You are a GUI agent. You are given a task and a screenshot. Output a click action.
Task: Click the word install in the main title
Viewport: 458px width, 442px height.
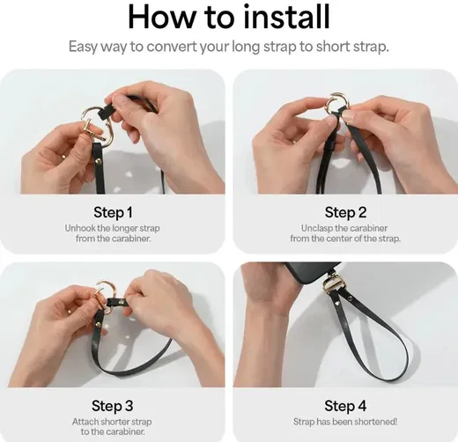tap(287, 17)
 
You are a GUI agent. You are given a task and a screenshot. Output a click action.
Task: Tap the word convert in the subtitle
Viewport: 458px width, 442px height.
tap(172, 47)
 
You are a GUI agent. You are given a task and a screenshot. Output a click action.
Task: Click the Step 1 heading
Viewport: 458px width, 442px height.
tap(113, 212)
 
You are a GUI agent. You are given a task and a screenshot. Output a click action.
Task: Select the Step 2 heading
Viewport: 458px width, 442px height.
tap(345, 212)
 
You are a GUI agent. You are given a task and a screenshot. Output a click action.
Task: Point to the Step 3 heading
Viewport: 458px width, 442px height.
tap(113, 406)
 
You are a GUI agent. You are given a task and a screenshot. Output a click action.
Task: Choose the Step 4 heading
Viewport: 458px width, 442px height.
tap(345, 406)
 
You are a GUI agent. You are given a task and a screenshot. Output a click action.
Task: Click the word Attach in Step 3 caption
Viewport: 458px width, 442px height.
tap(85, 422)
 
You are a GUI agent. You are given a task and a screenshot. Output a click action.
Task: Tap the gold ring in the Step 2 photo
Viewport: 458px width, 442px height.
tap(337, 104)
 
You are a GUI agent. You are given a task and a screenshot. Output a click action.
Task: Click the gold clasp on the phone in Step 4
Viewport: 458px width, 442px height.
tap(333, 284)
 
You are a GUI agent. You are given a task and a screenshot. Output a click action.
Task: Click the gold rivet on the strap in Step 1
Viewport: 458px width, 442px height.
tap(99, 160)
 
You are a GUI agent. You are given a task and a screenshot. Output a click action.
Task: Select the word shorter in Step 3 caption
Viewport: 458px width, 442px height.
tap(116, 422)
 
